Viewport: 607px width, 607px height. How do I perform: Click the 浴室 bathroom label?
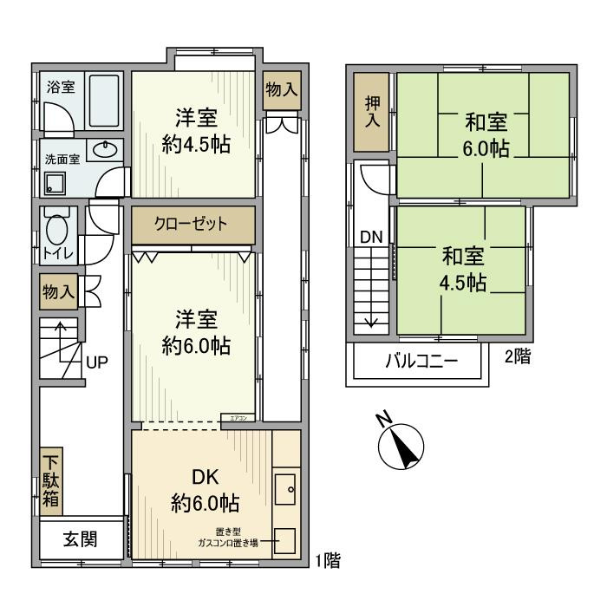pos(62,88)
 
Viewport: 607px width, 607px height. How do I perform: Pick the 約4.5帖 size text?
pos(196,145)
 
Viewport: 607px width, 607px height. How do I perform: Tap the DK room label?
pos(206,476)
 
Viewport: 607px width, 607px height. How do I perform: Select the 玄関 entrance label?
pos(80,539)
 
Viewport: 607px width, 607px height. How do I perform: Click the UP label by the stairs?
pos(96,362)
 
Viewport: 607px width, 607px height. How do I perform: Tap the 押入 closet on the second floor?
pos(372,111)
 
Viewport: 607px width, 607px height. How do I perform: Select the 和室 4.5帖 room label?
pos(463,269)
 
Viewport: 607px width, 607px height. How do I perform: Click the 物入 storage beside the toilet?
pos(59,291)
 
